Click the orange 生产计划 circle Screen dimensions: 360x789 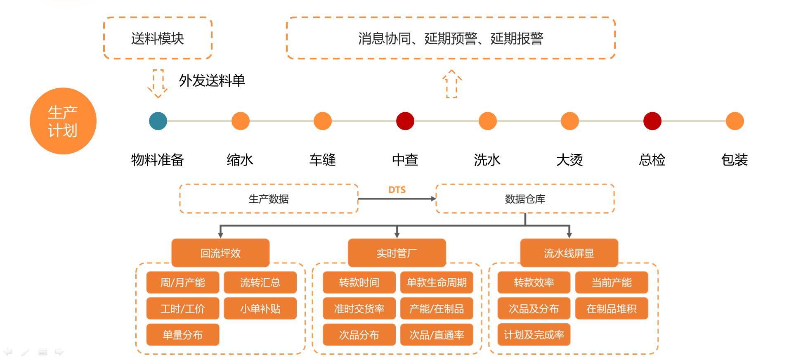(x=63, y=121)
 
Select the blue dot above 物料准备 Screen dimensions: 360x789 (x=158, y=121)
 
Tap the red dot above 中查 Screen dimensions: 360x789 (x=405, y=121)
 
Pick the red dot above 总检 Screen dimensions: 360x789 (x=652, y=121)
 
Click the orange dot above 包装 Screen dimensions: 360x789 (x=735, y=121)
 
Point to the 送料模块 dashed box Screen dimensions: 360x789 (x=158, y=38)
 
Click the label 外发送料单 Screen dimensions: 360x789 (x=212, y=81)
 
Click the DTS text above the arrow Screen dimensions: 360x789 (x=397, y=190)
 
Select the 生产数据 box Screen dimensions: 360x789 (x=269, y=199)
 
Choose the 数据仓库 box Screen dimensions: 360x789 (x=525, y=199)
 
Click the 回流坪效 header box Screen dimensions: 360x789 (x=220, y=253)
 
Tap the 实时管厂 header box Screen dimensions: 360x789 (x=397, y=253)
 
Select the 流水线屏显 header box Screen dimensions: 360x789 (x=569, y=253)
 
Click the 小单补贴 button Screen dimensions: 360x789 (x=260, y=308)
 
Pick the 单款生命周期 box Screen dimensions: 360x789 (x=437, y=282)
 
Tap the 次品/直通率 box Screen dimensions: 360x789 (x=437, y=334)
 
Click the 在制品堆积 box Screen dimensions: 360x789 (x=611, y=308)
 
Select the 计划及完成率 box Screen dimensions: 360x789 (x=534, y=334)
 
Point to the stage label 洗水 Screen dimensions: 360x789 (x=487, y=160)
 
